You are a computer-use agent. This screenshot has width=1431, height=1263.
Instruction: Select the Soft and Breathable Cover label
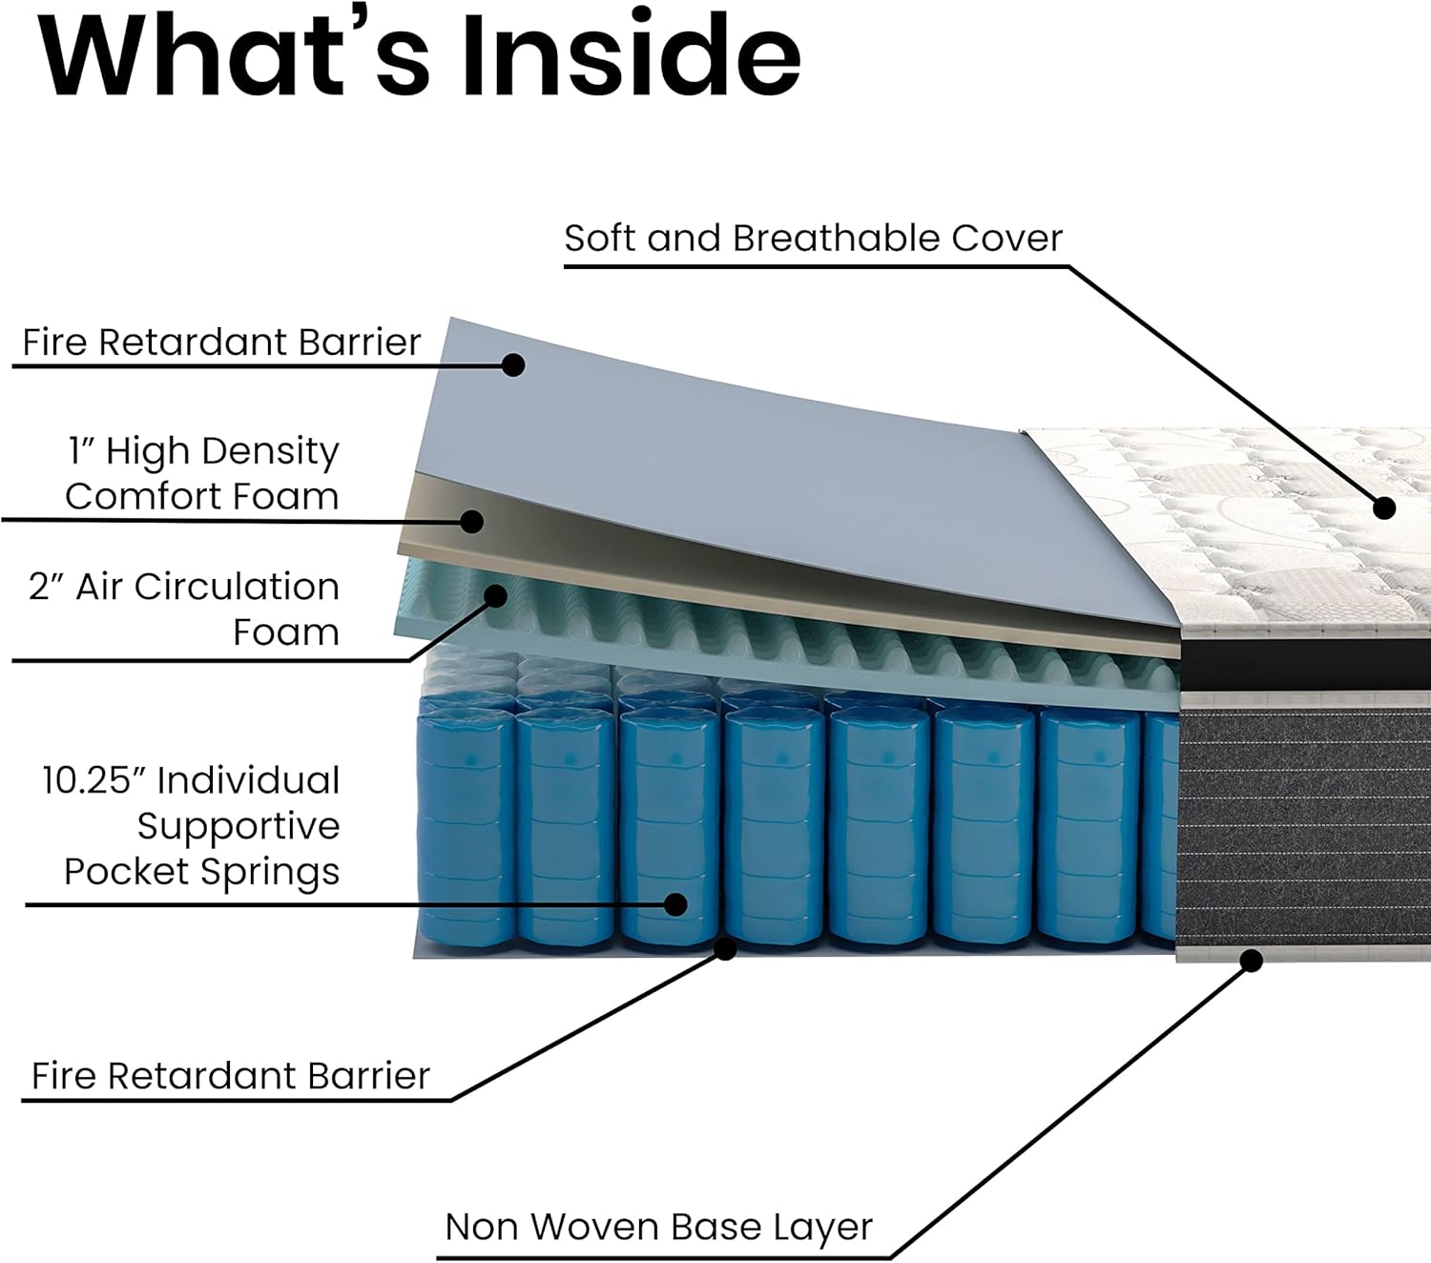pyautogui.click(x=813, y=238)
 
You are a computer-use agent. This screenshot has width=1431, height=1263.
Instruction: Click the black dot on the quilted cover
pyautogui.click(x=1384, y=507)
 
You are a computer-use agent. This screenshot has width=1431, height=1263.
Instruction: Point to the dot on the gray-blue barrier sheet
pyautogui.click(x=513, y=364)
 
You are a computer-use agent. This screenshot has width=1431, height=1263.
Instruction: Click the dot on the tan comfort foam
pyautogui.click(x=471, y=521)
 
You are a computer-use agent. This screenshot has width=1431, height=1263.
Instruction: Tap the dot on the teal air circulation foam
pyautogui.click(x=495, y=596)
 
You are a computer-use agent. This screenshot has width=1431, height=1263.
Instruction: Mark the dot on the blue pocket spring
pyautogui.click(x=675, y=904)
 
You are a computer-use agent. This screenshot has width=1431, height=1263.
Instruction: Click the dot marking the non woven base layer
pyautogui.click(x=1252, y=961)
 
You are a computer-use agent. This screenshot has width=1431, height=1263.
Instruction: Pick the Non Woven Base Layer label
pyautogui.click(x=658, y=1227)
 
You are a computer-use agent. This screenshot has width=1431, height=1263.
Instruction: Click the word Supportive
pyautogui.click(x=238, y=826)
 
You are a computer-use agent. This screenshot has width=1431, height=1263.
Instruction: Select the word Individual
pyautogui.click(x=249, y=780)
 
